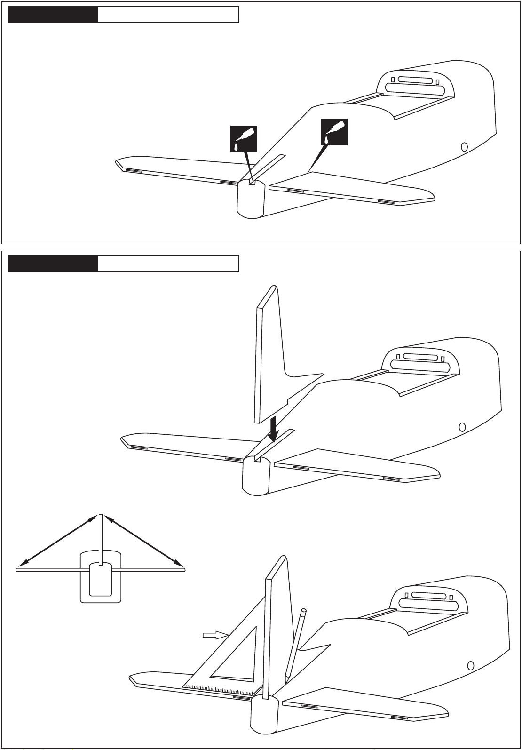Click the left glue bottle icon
244,139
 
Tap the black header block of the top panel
53,15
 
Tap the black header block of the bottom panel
53,264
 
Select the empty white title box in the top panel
168,15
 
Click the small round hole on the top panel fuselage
464,146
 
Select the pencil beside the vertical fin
295,645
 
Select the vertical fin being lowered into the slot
270,353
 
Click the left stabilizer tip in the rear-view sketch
19,569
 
